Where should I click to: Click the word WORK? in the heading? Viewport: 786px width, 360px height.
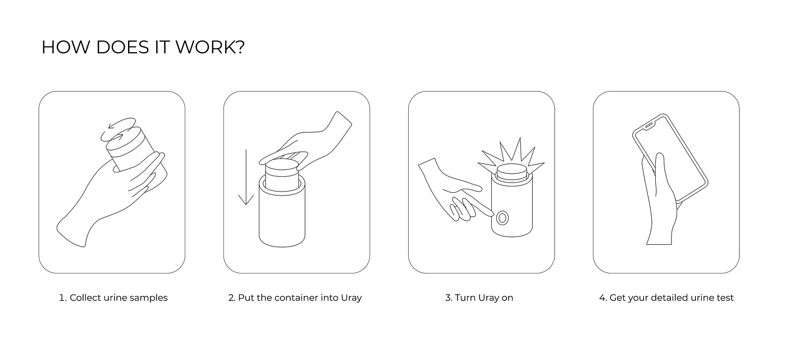pyautogui.click(x=210, y=47)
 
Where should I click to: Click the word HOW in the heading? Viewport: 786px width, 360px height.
pyautogui.click(x=66, y=47)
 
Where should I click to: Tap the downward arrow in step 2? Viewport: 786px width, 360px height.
pyautogui.click(x=246, y=177)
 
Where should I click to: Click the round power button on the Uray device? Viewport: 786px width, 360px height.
pyautogui.click(x=502, y=218)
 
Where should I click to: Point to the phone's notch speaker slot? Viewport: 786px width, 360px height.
pyautogui.click(x=649, y=125)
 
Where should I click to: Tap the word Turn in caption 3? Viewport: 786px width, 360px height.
pyautogui.click(x=465, y=298)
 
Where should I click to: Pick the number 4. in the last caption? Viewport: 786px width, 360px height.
pyautogui.click(x=603, y=298)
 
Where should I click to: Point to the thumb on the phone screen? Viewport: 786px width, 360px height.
pyautogui.click(x=660, y=168)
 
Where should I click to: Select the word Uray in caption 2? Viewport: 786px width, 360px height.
pyautogui.click(x=351, y=298)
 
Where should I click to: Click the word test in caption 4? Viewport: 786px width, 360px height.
pyautogui.click(x=725, y=298)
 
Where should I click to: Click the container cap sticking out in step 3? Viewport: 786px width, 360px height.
pyautogui.click(x=511, y=173)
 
